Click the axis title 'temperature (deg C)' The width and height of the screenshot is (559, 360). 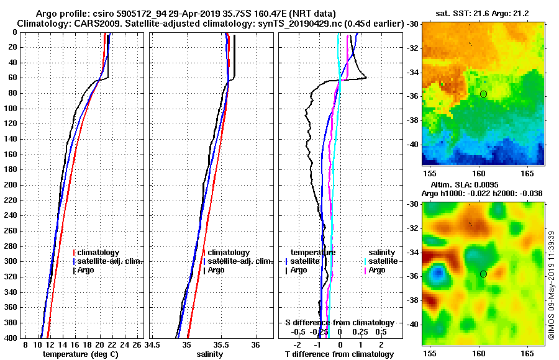tap(80, 354)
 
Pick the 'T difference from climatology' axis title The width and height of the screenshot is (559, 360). tap(339, 354)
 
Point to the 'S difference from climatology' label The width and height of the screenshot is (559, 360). tap(339, 323)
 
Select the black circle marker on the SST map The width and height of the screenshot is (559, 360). tap(483, 94)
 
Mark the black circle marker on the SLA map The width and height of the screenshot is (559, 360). tap(483, 274)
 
